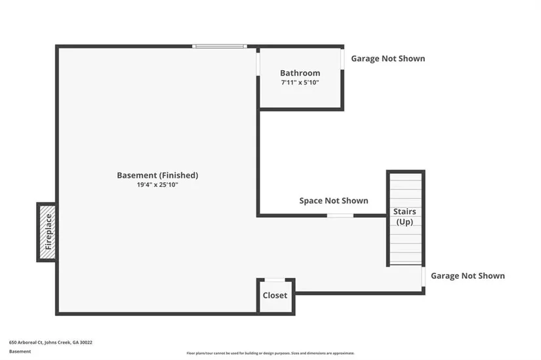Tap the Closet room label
click(x=275, y=295)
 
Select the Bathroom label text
click(x=300, y=73)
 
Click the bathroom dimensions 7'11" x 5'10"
click(x=300, y=83)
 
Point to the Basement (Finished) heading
click(x=157, y=175)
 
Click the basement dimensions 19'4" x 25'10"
click(x=157, y=185)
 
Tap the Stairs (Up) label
click(x=405, y=216)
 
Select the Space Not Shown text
click(x=334, y=201)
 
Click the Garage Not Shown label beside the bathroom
click(x=388, y=58)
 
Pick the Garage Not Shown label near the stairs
click(x=468, y=276)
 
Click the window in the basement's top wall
click(x=220, y=47)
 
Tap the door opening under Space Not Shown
click(x=340, y=215)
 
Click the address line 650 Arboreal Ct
click(x=50, y=342)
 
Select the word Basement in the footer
click(x=20, y=351)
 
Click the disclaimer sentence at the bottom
click(x=270, y=353)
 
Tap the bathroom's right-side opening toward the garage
click(x=342, y=58)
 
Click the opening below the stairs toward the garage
click(x=424, y=276)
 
